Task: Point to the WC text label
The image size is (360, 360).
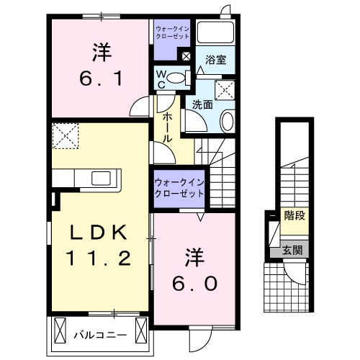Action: tap(162, 77)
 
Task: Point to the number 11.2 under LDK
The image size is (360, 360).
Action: tap(101, 257)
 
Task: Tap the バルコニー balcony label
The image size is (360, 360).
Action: tap(100, 335)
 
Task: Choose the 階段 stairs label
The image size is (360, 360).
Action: tap(293, 215)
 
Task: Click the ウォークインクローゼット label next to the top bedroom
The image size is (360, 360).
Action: tap(174, 32)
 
